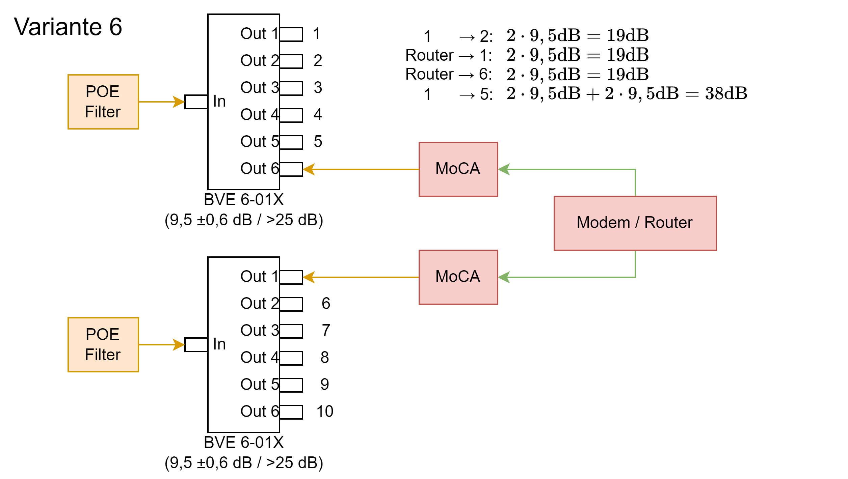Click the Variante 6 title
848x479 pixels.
point(68,27)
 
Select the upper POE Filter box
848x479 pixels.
point(103,102)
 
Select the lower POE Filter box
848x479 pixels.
point(103,345)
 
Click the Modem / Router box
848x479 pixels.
point(635,223)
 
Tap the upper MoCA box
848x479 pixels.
point(458,169)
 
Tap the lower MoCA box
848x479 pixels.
point(458,277)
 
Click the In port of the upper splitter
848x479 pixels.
point(196,102)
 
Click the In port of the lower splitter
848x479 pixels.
point(196,345)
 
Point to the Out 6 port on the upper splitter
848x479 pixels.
point(291,169)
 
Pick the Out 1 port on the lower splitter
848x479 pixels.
point(291,277)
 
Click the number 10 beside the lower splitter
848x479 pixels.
point(325,412)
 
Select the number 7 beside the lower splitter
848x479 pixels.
point(326,331)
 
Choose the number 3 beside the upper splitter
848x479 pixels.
point(318,88)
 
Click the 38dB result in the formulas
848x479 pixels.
point(726,93)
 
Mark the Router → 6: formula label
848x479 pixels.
point(449,74)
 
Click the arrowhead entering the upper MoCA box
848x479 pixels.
point(504,169)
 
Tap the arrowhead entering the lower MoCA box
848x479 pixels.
point(504,277)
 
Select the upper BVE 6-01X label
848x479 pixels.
point(244,200)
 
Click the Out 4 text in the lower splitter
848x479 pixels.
point(259,358)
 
